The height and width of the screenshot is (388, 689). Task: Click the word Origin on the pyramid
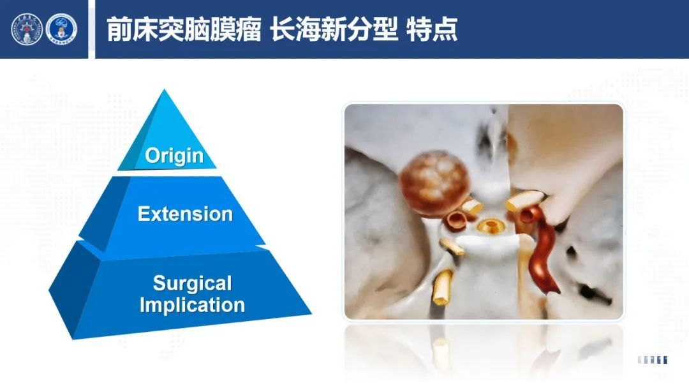pos(174,156)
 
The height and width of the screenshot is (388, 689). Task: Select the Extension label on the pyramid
pos(185,214)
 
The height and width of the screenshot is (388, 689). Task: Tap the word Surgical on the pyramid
pos(193,284)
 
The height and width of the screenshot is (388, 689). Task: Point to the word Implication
pos(192,305)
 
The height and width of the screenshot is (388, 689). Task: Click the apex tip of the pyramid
pos(165,89)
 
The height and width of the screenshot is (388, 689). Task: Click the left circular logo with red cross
pos(27,29)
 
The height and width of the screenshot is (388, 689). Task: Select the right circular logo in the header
pos(61,29)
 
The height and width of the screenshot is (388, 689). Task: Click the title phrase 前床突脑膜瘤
pos(184,29)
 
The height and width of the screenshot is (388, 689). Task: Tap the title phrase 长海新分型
pos(334,29)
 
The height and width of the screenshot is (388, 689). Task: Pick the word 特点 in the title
pos(432,29)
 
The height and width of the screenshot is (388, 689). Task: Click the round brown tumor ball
pos(434,183)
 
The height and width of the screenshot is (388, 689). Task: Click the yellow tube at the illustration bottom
pos(443,287)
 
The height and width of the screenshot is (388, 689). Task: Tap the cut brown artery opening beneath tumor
pos(456,220)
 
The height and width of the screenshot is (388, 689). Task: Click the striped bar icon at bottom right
pos(653,360)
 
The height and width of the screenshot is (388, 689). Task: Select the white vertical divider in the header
pos(91,29)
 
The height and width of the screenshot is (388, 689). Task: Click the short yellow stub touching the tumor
pos(472,207)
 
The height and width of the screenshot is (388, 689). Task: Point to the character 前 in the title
pos(119,29)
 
